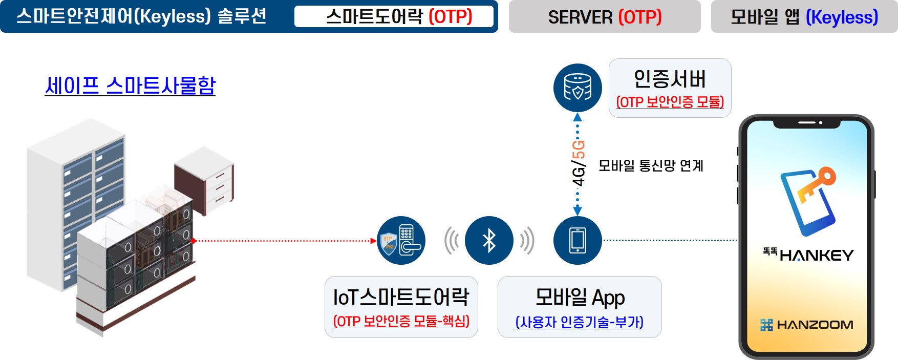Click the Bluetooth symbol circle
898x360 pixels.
tap(489, 240)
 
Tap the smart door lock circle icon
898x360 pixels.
tap(401, 240)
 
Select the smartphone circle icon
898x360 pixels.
tap(578, 240)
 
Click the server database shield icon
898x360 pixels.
tap(578, 88)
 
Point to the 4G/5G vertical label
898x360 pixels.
tap(578, 163)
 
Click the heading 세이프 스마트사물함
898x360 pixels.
tap(130, 86)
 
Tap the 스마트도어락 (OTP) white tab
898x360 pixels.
tap(394, 17)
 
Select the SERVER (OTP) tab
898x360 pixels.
tap(604, 17)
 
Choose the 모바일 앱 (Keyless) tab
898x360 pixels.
tap(804, 17)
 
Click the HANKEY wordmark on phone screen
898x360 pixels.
tap(816, 255)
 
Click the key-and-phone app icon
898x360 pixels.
tap(808, 201)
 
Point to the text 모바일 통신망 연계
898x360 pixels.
tap(651, 165)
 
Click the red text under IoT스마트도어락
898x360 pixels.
tap(401, 321)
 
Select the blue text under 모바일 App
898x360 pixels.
tap(579, 322)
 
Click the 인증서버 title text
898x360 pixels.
tap(670, 79)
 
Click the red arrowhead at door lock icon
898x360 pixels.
tap(373, 240)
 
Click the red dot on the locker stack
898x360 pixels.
tap(194, 240)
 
